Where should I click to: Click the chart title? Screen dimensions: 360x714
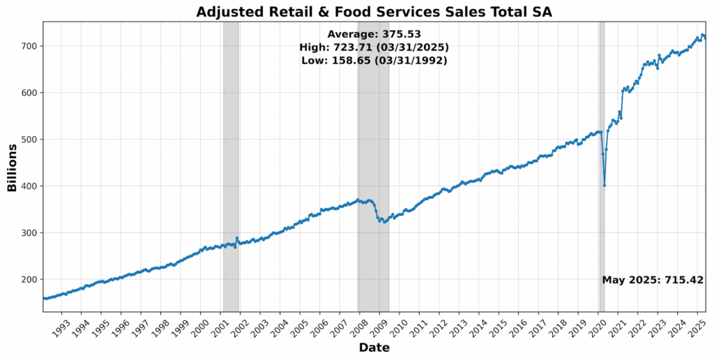click(x=374, y=11)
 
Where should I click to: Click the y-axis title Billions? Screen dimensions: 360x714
click(x=12, y=167)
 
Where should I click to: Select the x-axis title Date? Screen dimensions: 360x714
click(x=374, y=347)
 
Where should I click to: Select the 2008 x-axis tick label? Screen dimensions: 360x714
click(x=357, y=326)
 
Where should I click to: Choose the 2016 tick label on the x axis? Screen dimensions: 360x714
click(x=516, y=326)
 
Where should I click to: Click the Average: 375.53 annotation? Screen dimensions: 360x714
click(x=374, y=34)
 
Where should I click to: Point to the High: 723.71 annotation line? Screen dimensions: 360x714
click(x=374, y=47)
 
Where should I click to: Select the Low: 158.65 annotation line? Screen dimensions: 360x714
click(x=374, y=61)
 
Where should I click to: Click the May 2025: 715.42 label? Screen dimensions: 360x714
click(x=653, y=280)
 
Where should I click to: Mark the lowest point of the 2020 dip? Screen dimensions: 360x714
click(x=605, y=185)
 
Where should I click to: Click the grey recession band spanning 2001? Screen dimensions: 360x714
click(x=231, y=167)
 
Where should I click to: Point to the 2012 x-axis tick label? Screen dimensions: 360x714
click(x=436, y=326)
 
